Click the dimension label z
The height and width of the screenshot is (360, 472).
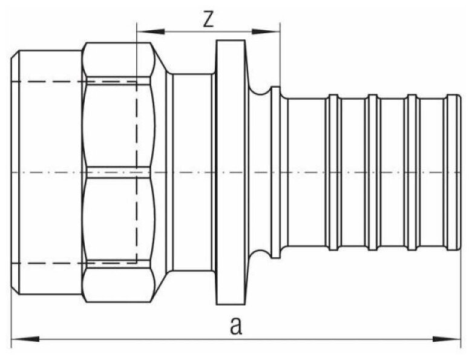coord(208,19)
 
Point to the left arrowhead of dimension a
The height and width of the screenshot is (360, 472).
coord(18,338)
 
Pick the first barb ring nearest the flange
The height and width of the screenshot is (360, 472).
coord(332,172)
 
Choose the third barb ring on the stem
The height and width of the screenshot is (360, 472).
coord(413,172)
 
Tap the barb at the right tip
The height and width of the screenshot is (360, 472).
coord(451,172)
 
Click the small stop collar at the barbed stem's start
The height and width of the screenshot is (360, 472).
coord(275,172)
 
